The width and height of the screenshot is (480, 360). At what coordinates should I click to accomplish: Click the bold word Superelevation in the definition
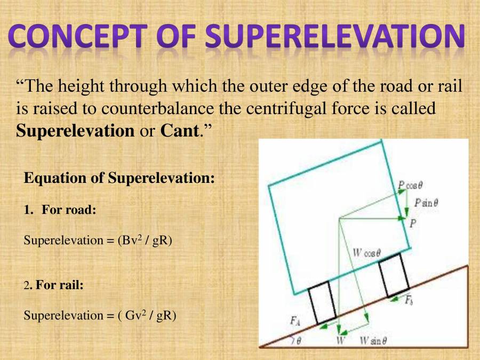[75, 131]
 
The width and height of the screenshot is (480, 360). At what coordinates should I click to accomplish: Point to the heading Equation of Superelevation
[119, 178]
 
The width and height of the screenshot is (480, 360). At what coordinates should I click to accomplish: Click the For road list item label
[69, 210]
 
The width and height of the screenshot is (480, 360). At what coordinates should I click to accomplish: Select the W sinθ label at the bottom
[373, 340]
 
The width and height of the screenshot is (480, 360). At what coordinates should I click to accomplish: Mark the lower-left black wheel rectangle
[322, 301]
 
